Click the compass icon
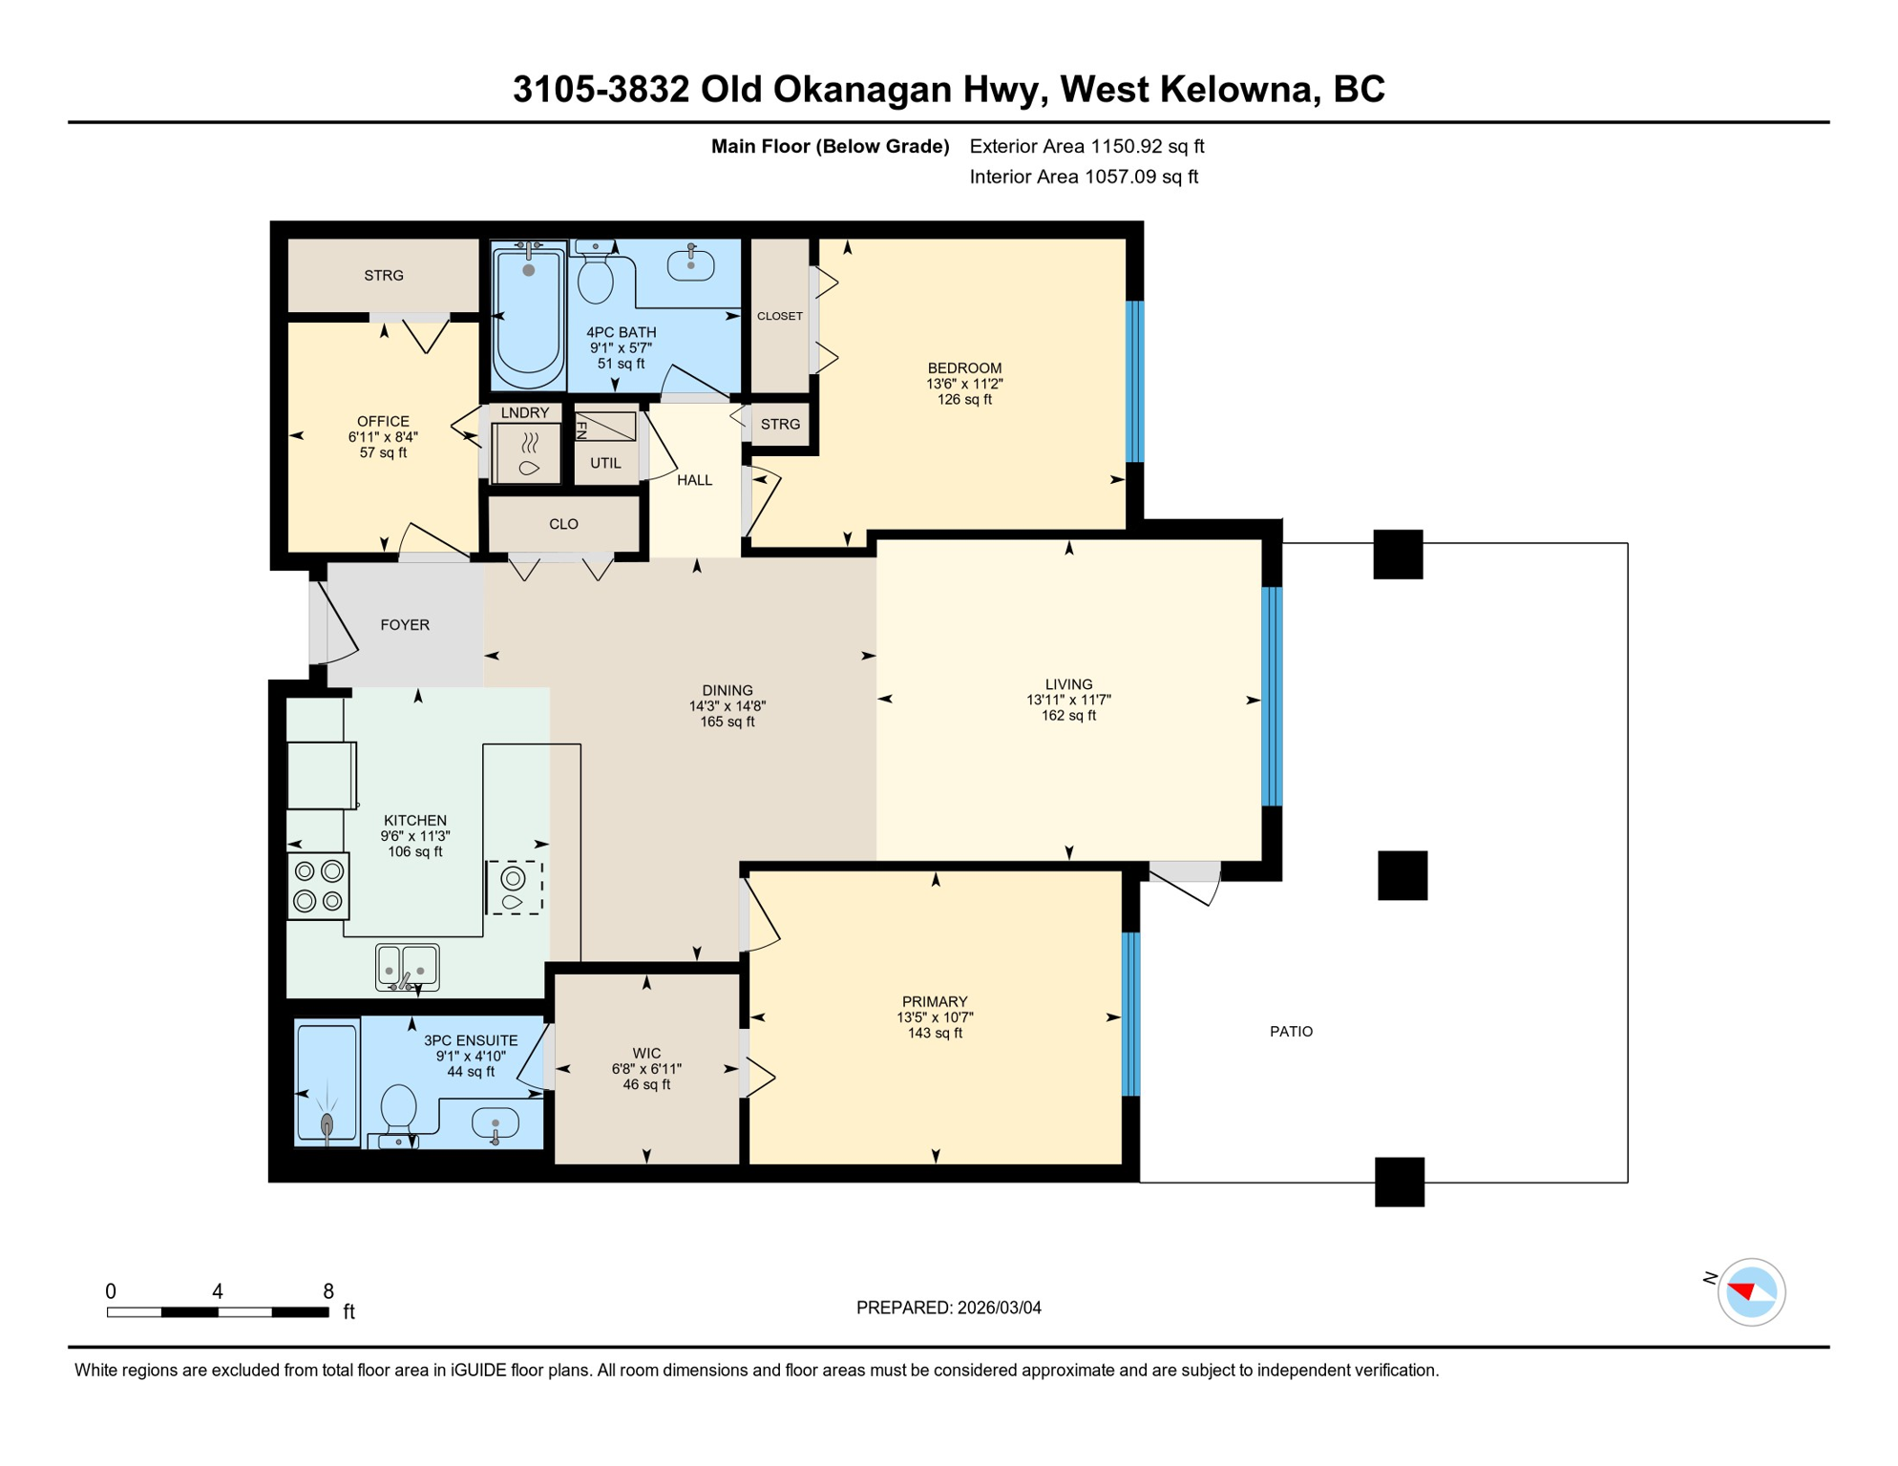[x=1751, y=1292]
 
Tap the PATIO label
[x=1291, y=1032]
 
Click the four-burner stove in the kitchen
[x=318, y=886]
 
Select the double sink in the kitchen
[x=407, y=967]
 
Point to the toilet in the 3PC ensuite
[x=398, y=1113]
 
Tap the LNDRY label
[x=525, y=412]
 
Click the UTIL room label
[x=605, y=463]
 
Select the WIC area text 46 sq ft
[x=646, y=1085]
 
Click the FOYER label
[x=405, y=625]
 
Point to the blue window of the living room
[x=1272, y=698]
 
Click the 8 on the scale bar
[x=328, y=1291]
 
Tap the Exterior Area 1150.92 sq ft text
[x=1086, y=146]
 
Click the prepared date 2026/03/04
[x=999, y=1308]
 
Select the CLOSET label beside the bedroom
[x=780, y=316]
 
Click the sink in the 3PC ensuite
[x=496, y=1123]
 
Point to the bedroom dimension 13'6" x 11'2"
[x=964, y=384]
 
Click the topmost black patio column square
[x=1398, y=555]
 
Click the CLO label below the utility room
[x=563, y=524]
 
